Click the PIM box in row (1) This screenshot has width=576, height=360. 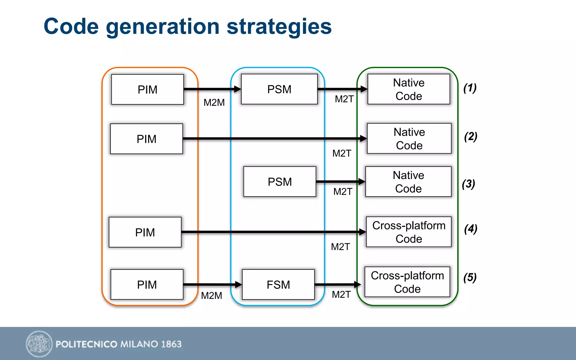pos(147,89)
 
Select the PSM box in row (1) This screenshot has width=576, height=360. pos(279,89)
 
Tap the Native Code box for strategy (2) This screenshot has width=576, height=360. pos(409,139)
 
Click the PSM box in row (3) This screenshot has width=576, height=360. pos(280,182)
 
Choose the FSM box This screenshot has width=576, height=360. pos(278,285)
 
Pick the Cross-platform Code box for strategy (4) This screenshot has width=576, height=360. pos(409,232)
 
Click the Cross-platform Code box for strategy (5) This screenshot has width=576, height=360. pos(407,282)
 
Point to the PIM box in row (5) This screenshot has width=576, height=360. pos(147,285)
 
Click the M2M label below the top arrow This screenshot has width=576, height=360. pos(214,102)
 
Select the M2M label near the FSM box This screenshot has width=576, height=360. pos(211,296)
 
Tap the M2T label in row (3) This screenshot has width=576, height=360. pos(343,192)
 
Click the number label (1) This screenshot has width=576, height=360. pos(470,88)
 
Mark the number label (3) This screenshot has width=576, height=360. pos(468,184)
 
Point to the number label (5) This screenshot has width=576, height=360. pos(470,278)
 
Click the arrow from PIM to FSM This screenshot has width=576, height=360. pos(212,285)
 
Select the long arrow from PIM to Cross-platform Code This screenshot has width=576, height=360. pos(273,232)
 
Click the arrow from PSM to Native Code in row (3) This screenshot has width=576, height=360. pos(340,182)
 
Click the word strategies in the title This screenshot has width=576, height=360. pos(279,27)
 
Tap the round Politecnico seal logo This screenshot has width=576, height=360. pos(39,344)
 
